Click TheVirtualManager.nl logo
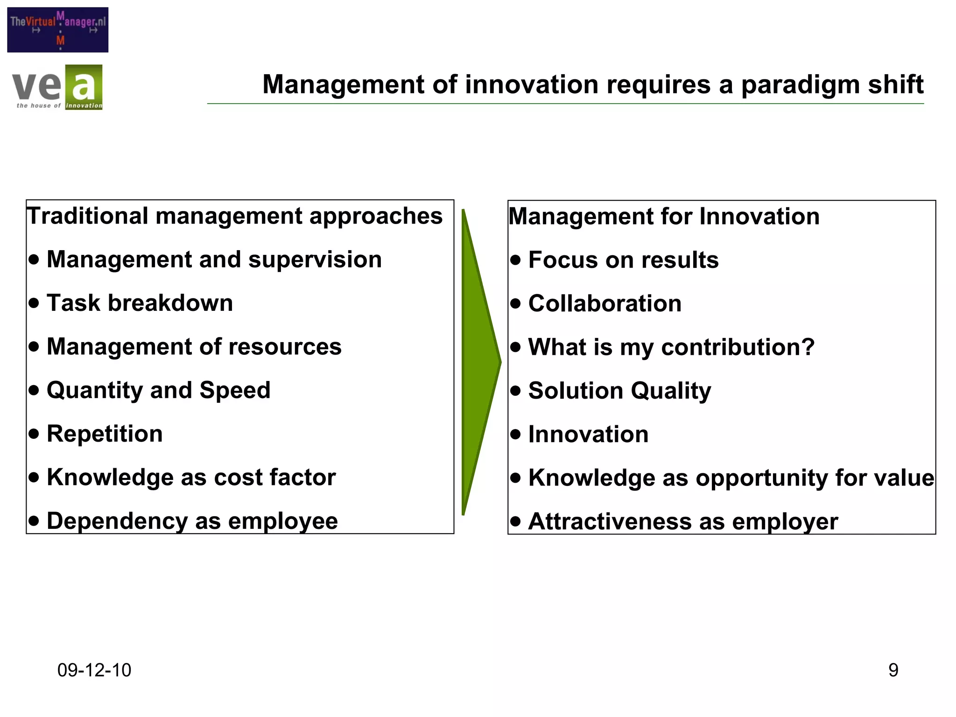pyautogui.click(x=57, y=29)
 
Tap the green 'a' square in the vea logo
pyautogui.click(x=84, y=87)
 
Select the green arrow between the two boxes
pyautogui.click(x=478, y=362)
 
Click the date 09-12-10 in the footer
pyautogui.click(x=94, y=670)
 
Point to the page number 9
pyautogui.click(x=893, y=670)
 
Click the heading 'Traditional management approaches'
pyautogui.click(x=234, y=216)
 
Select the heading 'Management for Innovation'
pyautogui.click(x=664, y=217)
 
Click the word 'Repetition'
pyautogui.click(x=105, y=434)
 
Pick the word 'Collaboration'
pyautogui.click(x=605, y=304)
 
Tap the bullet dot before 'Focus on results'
pyautogui.click(x=515, y=260)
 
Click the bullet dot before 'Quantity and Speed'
pyautogui.click(x=34, y=390)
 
